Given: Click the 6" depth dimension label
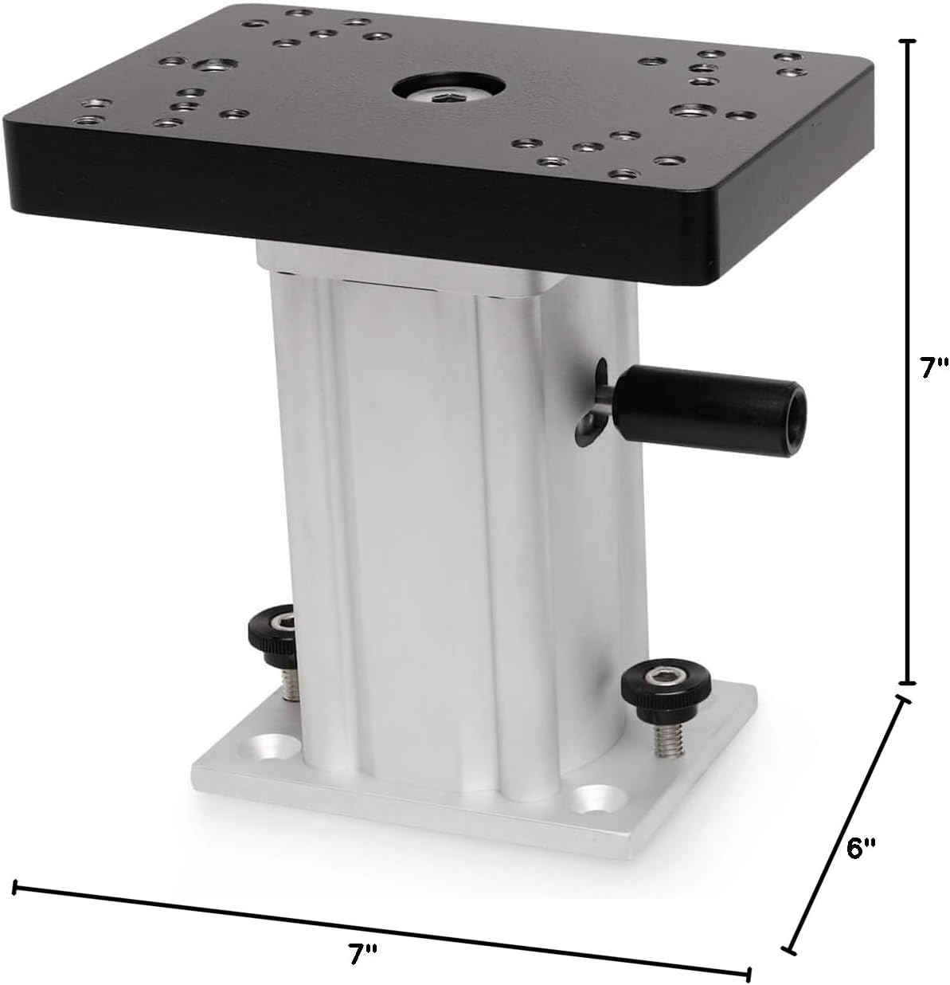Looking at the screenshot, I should point(859,848).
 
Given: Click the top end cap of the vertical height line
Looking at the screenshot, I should point(907,40).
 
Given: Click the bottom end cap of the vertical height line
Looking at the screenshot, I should point(907,683).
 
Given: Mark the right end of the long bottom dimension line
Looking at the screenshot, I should point(749,975).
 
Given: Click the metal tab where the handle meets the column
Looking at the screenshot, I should point(590,410).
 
